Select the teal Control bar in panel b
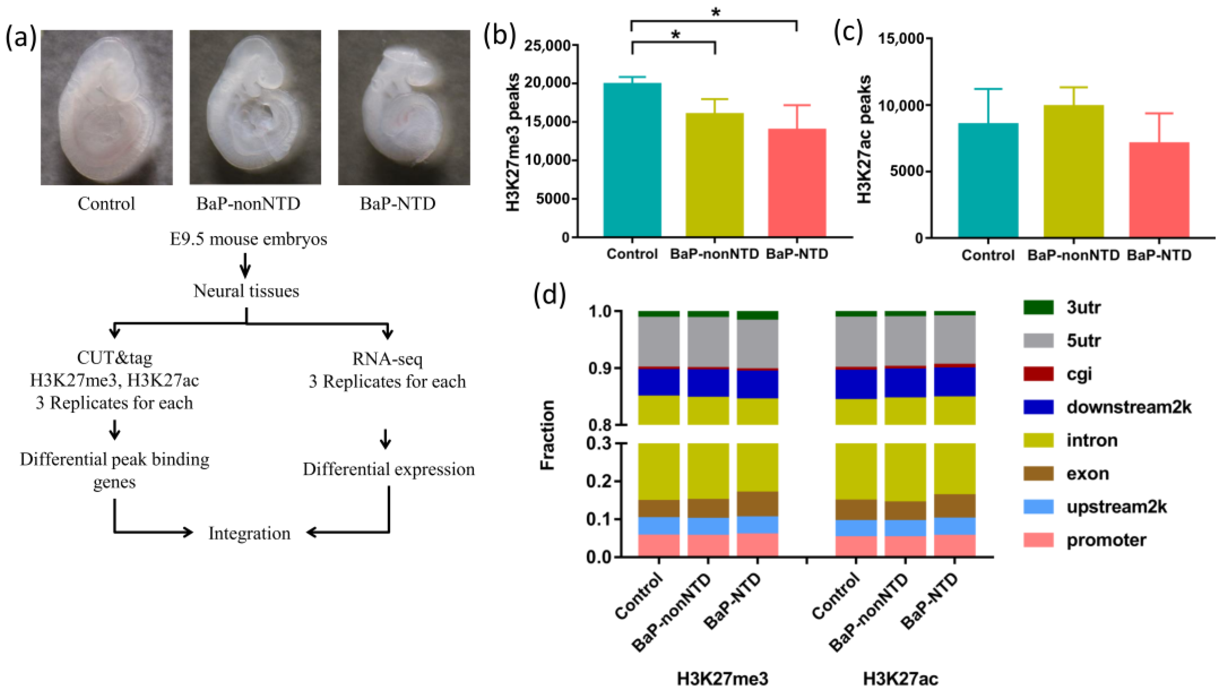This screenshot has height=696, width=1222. (x=632, y=160)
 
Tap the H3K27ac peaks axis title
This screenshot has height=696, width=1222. (x=864, y=139)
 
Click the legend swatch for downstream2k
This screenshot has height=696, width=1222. (x=1038, y=407)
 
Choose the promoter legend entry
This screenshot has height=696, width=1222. (x=1106, y=540)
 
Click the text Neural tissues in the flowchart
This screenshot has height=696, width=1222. (x=246, y=291)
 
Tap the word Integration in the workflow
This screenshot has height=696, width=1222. (x=249, y=533)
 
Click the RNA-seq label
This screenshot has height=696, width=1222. (x=387, y=359)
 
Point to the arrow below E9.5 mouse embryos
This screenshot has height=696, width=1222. (x=245, y=265)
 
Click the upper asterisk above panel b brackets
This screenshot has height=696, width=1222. (x=715, y=12)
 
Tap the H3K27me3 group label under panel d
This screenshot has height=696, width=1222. (x=722, y=678)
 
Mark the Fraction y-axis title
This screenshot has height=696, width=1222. (x=547, y=435)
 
